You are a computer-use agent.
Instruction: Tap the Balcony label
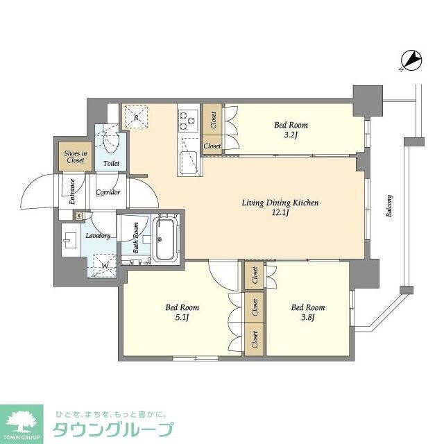click(x=390, y=206)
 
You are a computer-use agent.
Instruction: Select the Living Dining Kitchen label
click(x=280, y=203)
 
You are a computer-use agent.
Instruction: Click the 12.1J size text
click(x=280, y=213)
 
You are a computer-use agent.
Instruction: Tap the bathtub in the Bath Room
click(x=166, y=240)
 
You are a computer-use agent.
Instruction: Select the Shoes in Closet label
click(x=75, y=157)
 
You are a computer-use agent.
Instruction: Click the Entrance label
click(x=72, y=191)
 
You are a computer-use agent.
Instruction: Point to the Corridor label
click(x=108, y=192)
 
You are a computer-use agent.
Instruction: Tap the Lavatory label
click(x=98, y=236)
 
